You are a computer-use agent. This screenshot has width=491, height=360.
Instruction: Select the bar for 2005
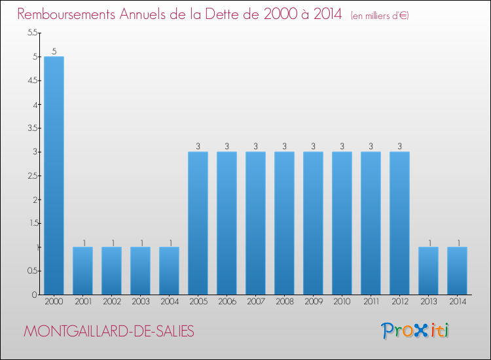pos(198,223)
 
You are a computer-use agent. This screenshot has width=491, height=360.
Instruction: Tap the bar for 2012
pos(399,223)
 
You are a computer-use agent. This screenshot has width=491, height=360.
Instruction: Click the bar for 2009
pos(313,223)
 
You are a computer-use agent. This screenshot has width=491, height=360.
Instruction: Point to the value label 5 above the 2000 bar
pos(54,51)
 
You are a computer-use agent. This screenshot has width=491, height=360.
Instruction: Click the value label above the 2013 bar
pos(428,242)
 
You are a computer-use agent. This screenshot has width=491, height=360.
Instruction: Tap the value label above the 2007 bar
pos(255,147)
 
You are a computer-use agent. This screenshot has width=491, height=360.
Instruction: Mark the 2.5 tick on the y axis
pos(33,175)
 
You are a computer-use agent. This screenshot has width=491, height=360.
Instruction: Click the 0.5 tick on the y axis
pos(33,271)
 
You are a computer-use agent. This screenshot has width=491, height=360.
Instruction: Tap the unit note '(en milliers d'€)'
pos(380,15)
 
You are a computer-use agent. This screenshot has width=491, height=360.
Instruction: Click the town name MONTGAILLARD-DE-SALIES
pos(109,332)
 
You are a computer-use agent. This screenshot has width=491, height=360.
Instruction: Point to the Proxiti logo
pos(416,331)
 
